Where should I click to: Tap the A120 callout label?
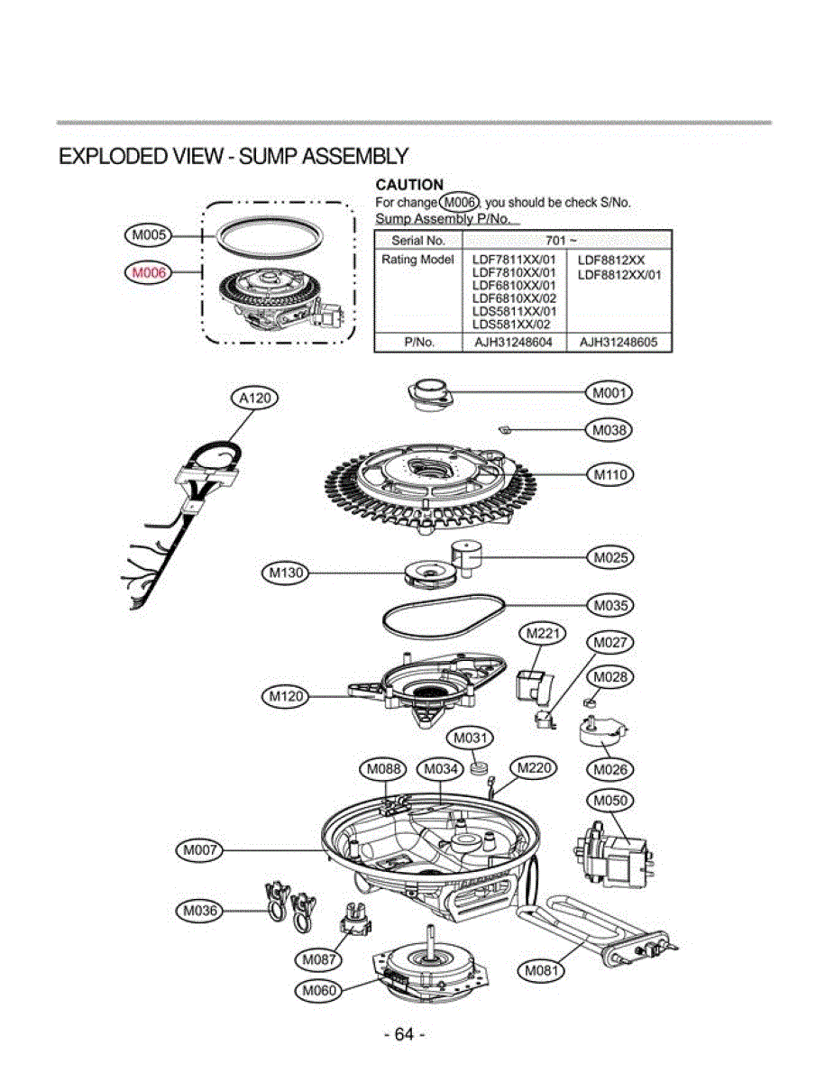254,398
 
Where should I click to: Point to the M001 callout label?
609,393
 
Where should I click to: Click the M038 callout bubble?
609,430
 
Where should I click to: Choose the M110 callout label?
609,473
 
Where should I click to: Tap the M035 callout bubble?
609,604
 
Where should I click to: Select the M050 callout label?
609,801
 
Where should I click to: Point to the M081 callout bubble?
544,970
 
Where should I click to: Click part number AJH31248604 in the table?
513,343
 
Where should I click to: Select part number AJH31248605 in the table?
619,343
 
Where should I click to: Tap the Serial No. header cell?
418,241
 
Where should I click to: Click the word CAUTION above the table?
408,186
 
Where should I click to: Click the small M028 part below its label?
591,701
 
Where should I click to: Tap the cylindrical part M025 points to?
468,556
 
